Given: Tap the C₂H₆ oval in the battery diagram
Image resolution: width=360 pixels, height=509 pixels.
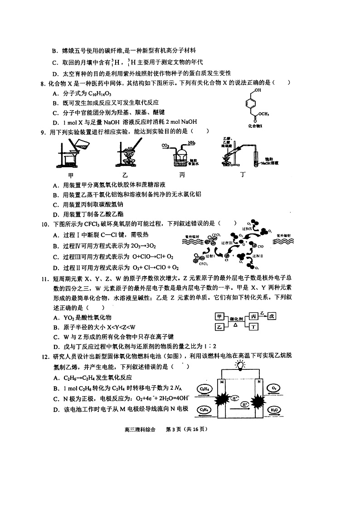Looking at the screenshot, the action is [204, 389].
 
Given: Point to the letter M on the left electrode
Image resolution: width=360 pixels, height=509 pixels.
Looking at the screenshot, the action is [222, 382].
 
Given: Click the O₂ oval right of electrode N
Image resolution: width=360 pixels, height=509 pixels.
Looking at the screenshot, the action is [274, 388].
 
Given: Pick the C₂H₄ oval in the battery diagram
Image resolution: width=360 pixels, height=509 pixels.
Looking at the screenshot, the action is [204, 410].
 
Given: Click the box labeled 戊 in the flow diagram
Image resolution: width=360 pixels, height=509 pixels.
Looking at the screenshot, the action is [271, 316].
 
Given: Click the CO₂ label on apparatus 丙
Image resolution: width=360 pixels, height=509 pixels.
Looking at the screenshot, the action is [166, 146].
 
